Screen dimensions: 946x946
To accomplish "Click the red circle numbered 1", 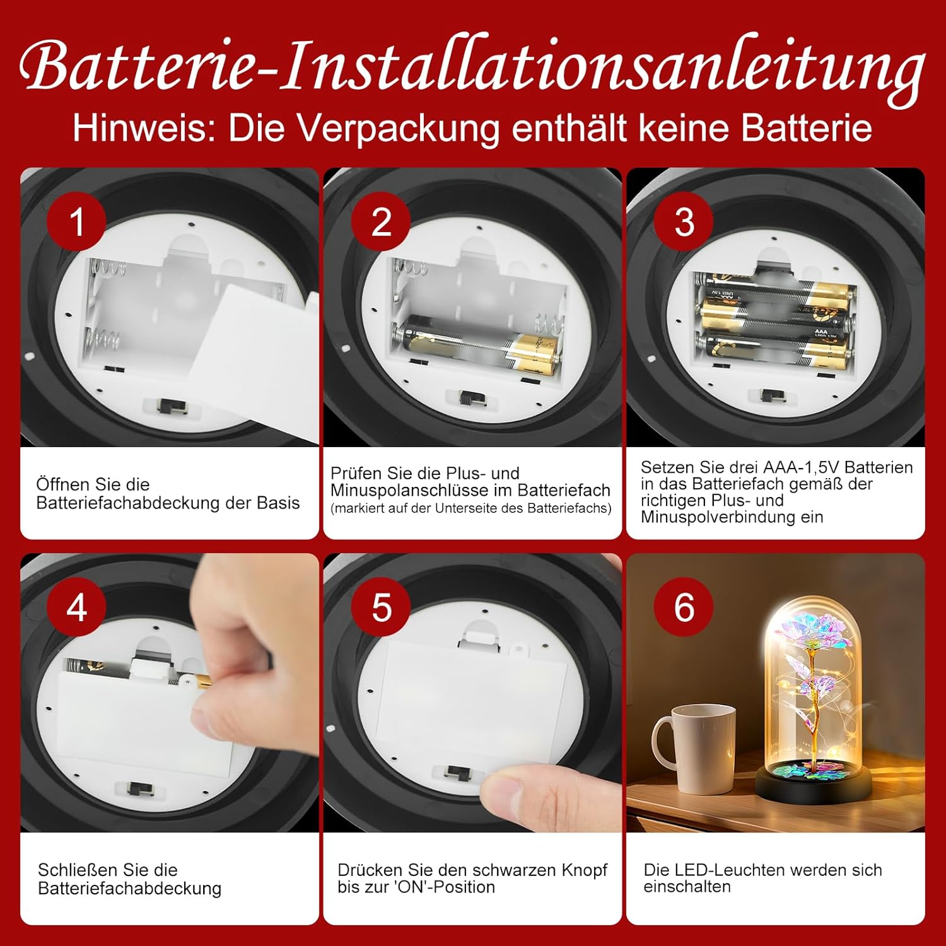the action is click(x=76, y=221).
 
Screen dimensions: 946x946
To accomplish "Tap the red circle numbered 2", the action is click(x=381, y=221).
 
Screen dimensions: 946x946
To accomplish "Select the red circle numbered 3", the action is click(x=684, y=221).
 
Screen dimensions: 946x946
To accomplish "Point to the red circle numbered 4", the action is click(x=76, y=607).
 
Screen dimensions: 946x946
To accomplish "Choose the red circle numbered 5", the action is click(x=381, y=607).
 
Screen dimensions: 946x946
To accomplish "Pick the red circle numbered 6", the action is click(x=684, y=607).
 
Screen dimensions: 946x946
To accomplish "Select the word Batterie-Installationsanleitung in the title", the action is click(x=473, y=66).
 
